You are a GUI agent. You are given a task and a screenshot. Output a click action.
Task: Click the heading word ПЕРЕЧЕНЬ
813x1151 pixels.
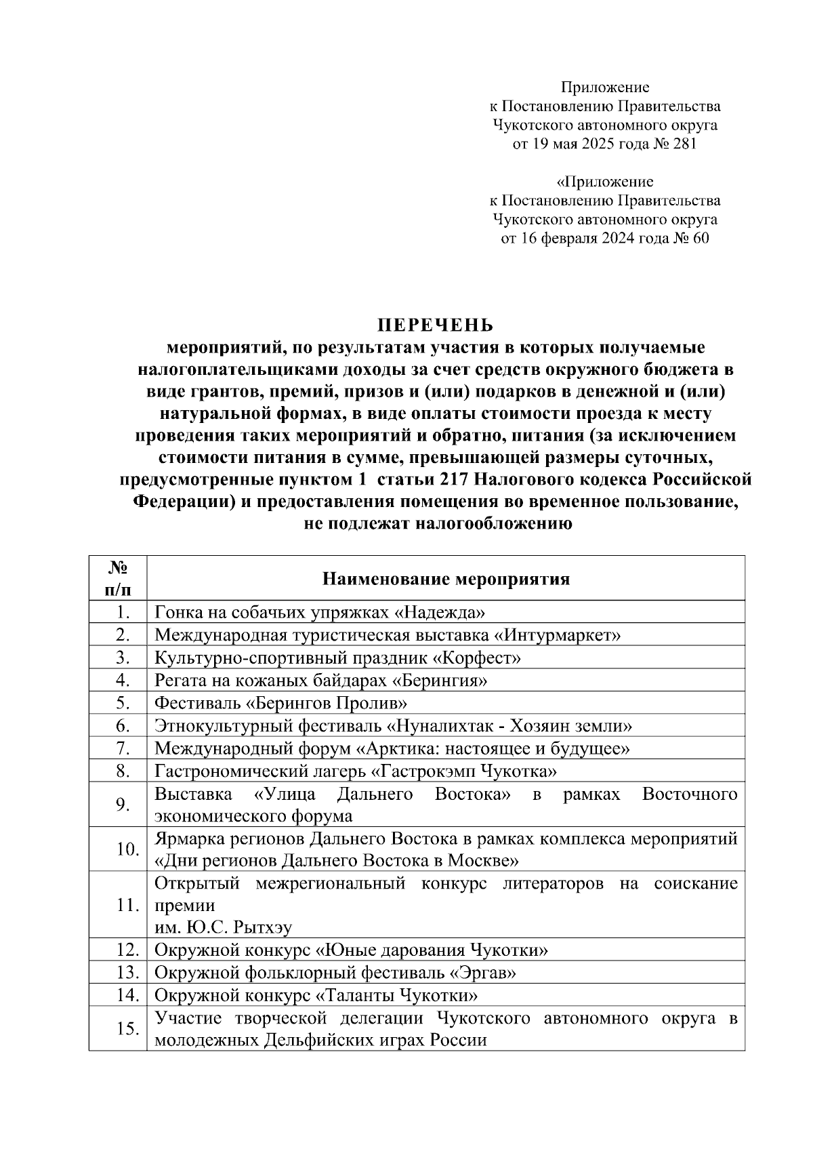pos(436,325)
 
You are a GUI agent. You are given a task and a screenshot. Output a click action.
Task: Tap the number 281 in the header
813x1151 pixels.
pos(683,144)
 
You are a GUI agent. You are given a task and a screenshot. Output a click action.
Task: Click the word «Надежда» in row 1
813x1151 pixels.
pos(440,613)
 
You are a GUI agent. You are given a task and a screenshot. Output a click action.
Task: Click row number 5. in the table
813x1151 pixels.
pos(123,703)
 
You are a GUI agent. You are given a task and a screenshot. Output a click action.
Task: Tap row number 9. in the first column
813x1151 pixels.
pos(123,804)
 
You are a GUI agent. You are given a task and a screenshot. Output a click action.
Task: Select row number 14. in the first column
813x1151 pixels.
pos(127,995)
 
